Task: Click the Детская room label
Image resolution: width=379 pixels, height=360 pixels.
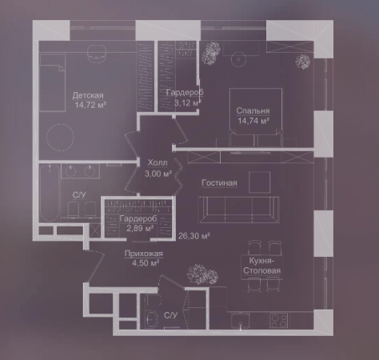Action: pos(88,95)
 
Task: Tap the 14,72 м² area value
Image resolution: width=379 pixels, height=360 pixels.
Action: pos(90,105)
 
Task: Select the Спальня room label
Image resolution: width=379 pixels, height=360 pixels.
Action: pos(253,110)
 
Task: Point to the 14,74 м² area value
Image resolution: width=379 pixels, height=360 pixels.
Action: pos(253,121)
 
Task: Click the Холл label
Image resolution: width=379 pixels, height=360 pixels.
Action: pos(158,162)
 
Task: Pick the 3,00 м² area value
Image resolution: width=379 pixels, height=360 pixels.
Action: pos(158,174)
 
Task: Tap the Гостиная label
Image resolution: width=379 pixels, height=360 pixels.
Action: pos(219,183)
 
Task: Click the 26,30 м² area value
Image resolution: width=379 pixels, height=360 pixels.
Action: pos(194,236)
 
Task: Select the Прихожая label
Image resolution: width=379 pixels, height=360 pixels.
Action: pos(144,254)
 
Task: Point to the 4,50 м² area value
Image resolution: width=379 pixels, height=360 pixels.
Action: pos(146,263)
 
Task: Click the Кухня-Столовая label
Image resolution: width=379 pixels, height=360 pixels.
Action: pos(261,266)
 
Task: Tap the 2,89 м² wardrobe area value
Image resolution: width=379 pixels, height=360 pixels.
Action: pos(140,229)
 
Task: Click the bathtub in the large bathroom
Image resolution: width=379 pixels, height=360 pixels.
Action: pos(50,194)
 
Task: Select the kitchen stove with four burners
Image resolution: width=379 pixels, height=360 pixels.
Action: pos(279,320)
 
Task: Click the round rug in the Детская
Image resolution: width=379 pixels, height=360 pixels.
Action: pos(60,138)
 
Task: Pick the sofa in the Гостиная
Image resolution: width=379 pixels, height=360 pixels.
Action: pos(239,210)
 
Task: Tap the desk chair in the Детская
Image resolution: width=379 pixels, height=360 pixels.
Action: pos(97,52)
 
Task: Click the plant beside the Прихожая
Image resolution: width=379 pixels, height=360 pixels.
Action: pos(202,274)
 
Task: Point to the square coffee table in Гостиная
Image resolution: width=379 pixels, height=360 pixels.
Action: pos(259,182)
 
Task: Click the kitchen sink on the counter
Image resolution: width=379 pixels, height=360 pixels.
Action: pos(241,321)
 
